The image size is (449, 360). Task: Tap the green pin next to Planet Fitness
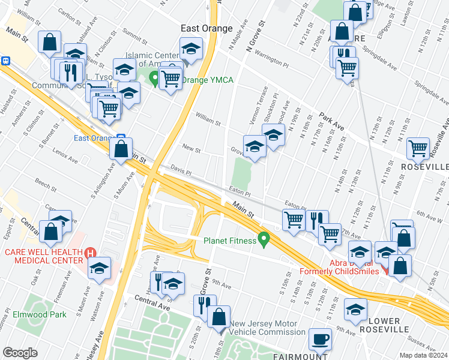pyautogui.click(x=263, y=241)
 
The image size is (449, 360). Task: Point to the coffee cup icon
pyautogui.click(x=319, y=339)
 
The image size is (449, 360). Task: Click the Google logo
pyautogui.click(x=20, y=353)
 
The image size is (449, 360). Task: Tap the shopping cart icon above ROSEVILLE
pyautogui.click(x=418, y=147)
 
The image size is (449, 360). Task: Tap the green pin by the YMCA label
pyautogui.click(x=154, y=78)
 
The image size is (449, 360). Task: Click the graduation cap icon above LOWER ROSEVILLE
pyautogui.click(x=355, y=310)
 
